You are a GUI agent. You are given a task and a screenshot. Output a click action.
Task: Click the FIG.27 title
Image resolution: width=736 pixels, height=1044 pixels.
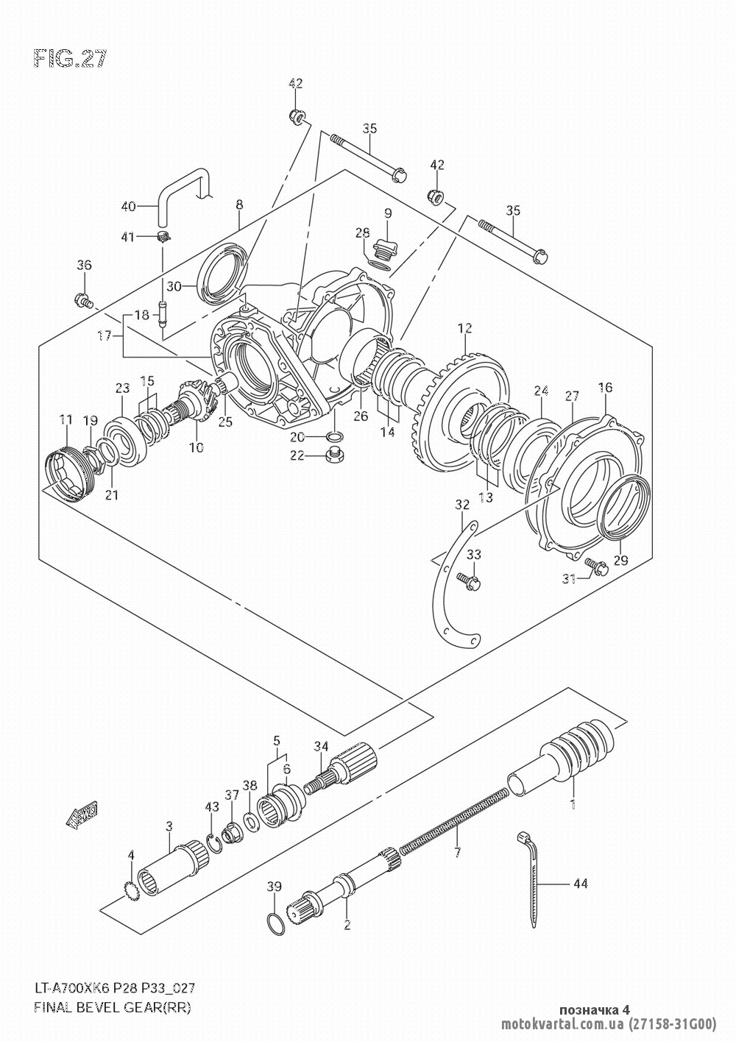[x=70, y=60]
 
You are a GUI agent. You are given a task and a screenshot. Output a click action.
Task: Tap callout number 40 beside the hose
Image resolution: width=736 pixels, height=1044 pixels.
[x=128, y=207]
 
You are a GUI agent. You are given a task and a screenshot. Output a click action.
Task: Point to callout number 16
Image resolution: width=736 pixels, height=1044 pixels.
[x=605, y=388]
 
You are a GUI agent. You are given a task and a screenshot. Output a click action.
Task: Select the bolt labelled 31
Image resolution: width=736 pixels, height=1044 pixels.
[x=595, y=566]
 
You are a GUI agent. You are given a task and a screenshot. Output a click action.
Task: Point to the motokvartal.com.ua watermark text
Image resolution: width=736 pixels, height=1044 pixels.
[x=562, y=1023]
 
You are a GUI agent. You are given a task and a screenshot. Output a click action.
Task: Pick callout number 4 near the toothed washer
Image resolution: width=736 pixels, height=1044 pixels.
[x=131, y=854]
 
